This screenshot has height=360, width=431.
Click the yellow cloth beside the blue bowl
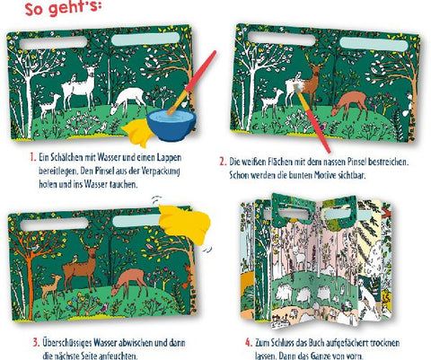(x=137, y=132)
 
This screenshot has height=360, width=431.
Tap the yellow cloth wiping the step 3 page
(x=185, y=223)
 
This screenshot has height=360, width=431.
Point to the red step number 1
(x=33, y=157)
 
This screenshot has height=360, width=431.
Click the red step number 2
(x=223, y=162)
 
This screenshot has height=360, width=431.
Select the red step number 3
(x=36, y=342)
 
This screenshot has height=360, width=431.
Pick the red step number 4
(x=249, y=342)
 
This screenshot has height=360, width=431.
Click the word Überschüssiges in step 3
(x=67, y=343)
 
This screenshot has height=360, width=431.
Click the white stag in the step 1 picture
(x=78, y=86)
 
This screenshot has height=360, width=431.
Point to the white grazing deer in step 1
(x=128, y=101)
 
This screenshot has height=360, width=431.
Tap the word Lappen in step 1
(x=170, y=158)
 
